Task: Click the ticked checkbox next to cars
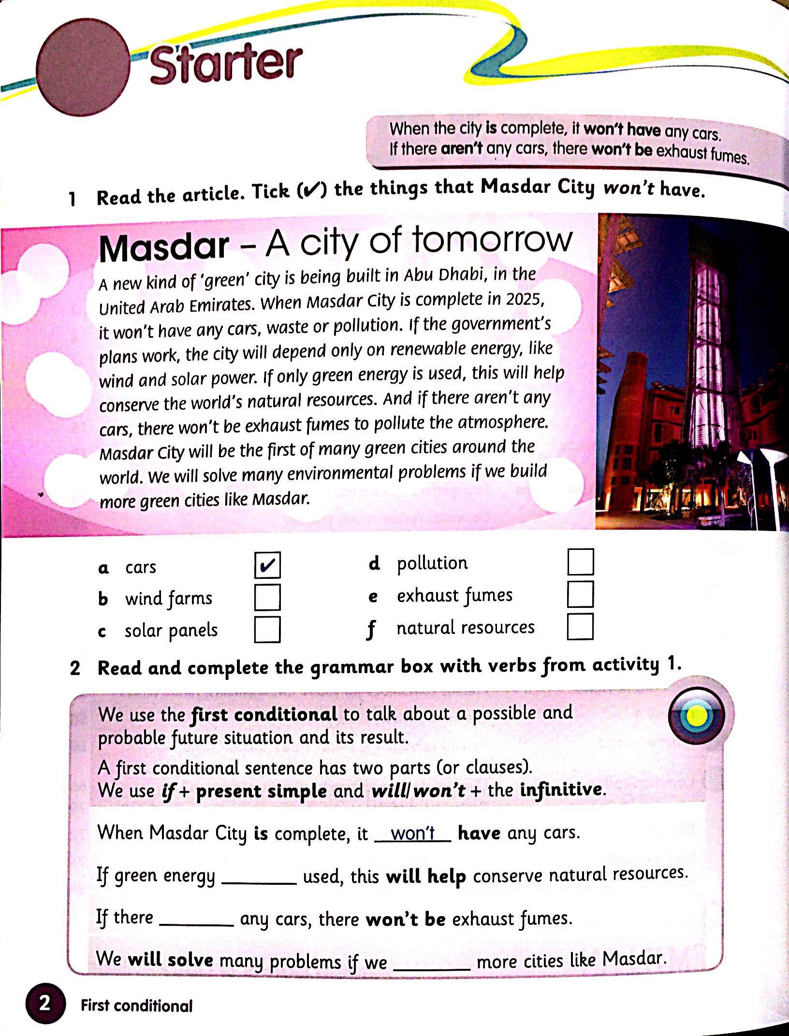(x=267, y=565)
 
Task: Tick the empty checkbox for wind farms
(x=267, y=598)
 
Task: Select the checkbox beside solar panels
(x=267, y=630)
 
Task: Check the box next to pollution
(x=580, y=561)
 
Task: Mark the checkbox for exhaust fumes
(x=580, y=594)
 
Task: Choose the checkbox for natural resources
(x=580, y=627)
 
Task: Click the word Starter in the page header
(x=226, y=65)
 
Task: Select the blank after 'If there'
(x=196, y=921)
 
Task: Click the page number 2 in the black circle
(x=44, y=1004)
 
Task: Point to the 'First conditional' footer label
(x=136, y=1006)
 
